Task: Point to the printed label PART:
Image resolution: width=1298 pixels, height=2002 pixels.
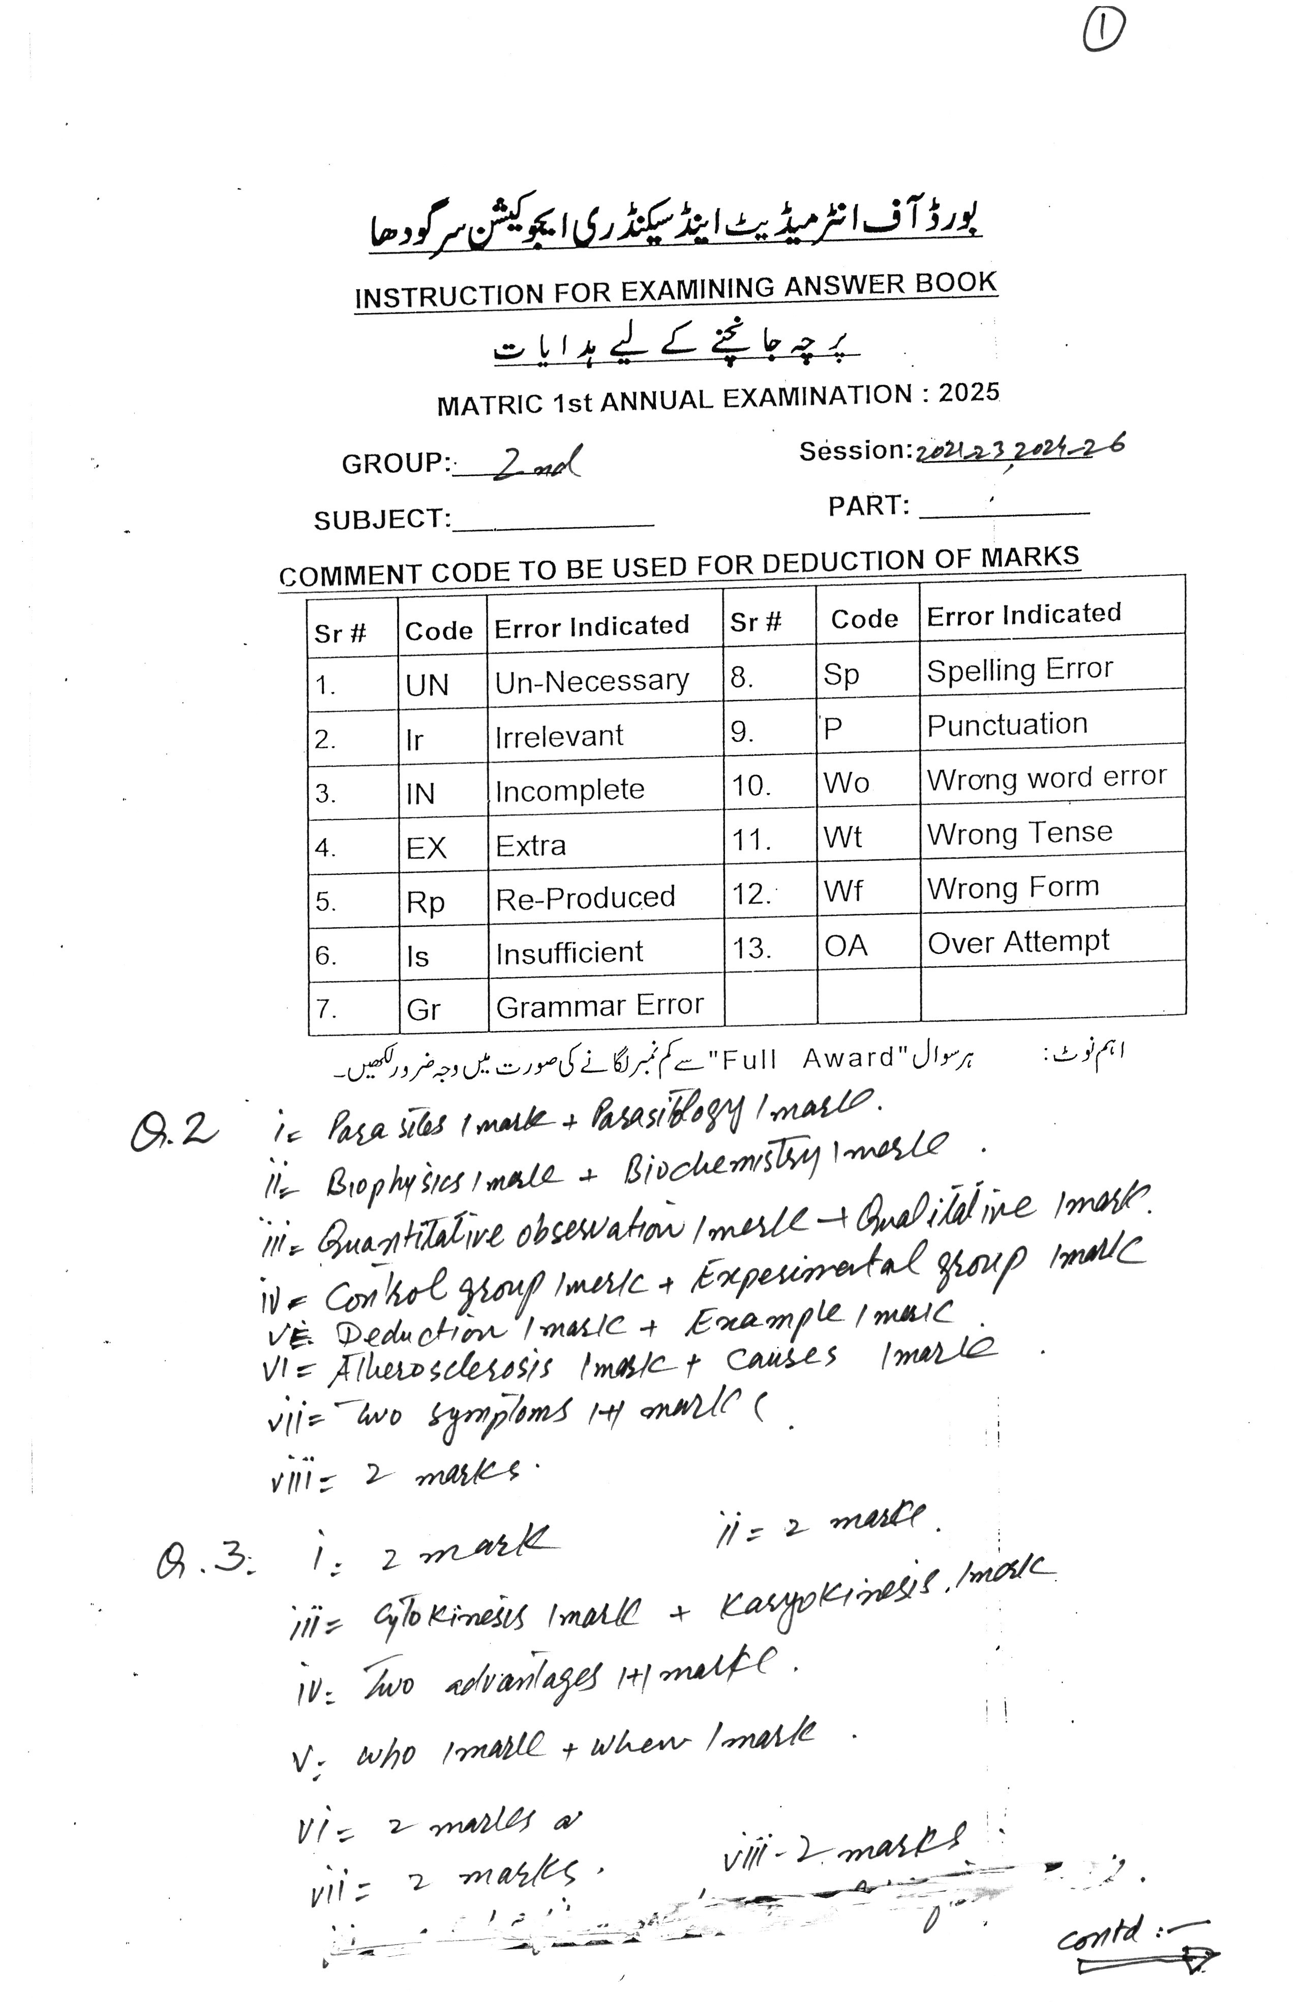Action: point(868,506)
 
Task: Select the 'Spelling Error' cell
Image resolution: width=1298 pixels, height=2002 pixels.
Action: point(1019,669)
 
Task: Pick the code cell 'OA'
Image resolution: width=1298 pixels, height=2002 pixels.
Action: point(846,945)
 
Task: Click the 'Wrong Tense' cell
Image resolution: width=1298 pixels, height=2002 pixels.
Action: point(1019,833)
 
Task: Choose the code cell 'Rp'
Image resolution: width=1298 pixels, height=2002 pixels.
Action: point(426,902)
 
